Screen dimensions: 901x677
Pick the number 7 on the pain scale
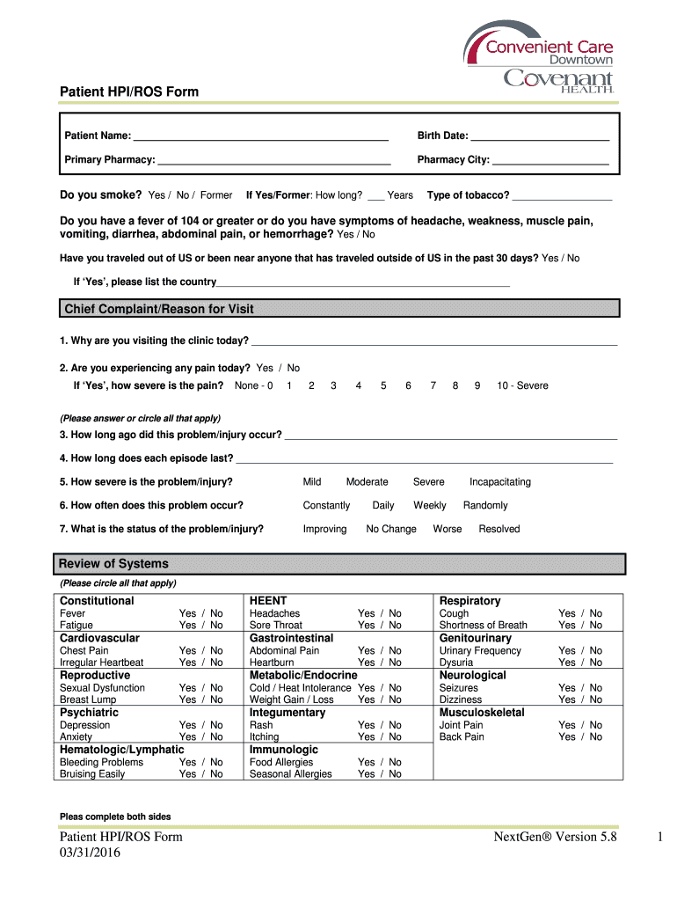coord(433,385)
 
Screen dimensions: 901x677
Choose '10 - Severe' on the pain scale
coord(522,385)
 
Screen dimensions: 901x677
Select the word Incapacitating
coord(499,482)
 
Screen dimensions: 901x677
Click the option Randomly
coord(485,505)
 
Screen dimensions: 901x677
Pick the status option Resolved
coord(499,529)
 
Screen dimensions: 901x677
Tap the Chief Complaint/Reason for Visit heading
coord(159,309)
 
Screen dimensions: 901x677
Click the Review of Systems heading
coord(113,563)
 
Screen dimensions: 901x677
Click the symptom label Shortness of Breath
coord(483,625)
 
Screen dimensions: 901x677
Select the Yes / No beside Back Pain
coord(580,736)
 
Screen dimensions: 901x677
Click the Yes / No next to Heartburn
coord(379,663)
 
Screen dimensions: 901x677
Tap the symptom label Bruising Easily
coord(92,773)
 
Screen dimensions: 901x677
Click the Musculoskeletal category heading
coord(482,712)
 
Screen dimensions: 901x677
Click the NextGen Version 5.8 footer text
coord(556,837)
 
